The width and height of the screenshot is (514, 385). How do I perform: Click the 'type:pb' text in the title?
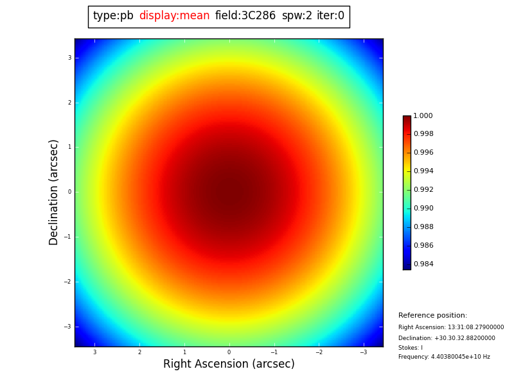pos(113,16)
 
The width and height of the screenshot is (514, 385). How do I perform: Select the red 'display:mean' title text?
pos(174,16)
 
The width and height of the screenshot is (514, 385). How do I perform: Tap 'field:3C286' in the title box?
pos(245,16)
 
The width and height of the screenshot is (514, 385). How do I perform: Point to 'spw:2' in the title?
pos(297,16)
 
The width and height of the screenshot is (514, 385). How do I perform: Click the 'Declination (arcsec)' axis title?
pos(54,192)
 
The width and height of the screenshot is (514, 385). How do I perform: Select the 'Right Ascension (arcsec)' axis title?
pos(229,364)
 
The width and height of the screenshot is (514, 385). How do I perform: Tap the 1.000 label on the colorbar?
pos(423,116)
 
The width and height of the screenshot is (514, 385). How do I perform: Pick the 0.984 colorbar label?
pos(423,264)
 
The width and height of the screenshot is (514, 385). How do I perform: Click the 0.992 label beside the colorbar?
pos(423,190)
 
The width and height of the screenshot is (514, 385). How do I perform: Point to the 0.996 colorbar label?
pos(423,153)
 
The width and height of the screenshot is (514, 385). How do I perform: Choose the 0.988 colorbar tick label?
pos(423,227)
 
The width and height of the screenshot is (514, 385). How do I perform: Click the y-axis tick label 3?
pos(69,58)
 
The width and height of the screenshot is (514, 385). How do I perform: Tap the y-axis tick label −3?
pos(67,327)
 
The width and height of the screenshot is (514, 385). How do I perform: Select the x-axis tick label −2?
pos(318,352)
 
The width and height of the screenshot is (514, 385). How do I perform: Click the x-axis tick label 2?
pos(139,352)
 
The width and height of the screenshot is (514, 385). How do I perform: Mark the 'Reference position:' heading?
pos(432,316)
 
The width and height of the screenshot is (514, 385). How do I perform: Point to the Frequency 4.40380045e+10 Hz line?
pos(444,357)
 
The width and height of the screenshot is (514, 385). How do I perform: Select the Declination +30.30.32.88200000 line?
pos(447,338)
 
